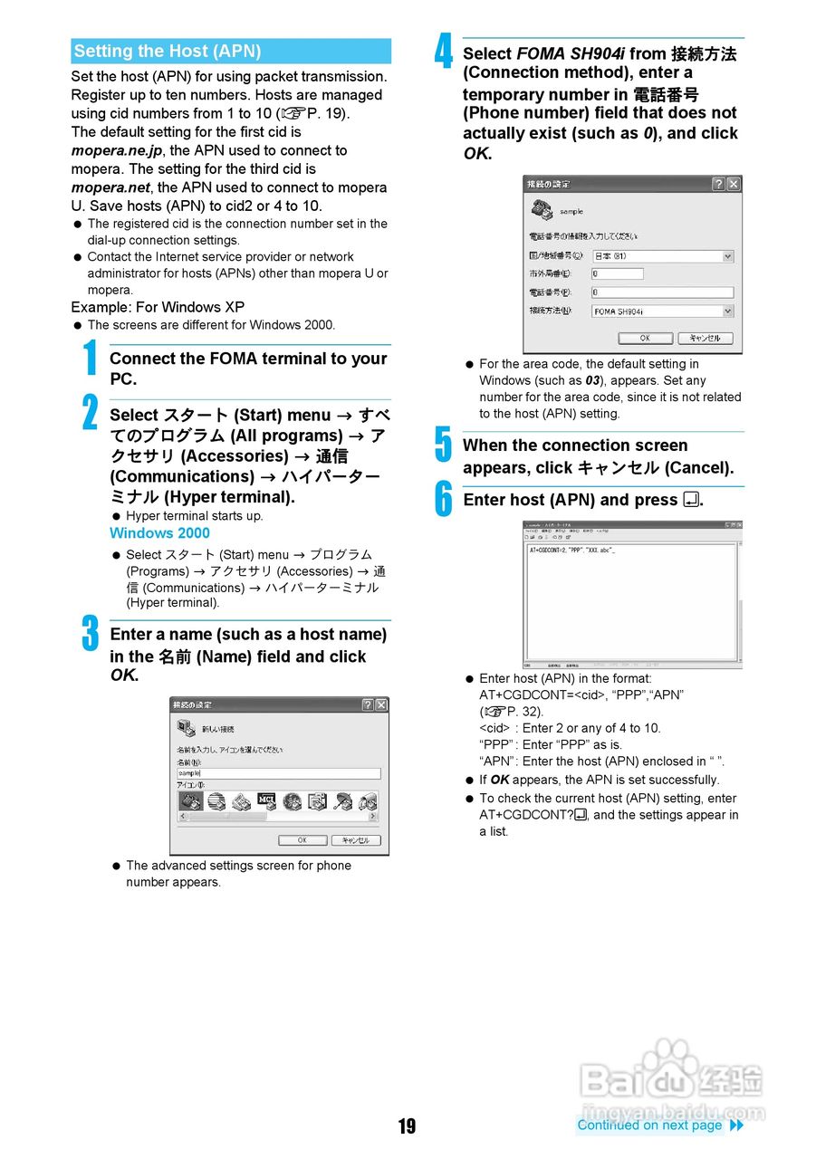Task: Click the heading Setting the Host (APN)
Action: coord(168,52)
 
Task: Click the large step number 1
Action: coord(90,357)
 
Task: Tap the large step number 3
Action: coord(90,633)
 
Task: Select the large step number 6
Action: coord(443,499)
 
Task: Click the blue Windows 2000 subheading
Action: coord(159,533)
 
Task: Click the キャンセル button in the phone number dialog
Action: coord(705,338)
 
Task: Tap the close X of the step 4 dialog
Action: coord(733,184)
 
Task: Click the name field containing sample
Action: coord(278,773)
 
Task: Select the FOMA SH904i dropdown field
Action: coord(662,311)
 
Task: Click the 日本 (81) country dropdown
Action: coord(662,256)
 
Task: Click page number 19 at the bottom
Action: coord(408,1125)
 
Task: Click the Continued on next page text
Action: coord(649,1125)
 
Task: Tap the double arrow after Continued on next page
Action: coord(736,1125)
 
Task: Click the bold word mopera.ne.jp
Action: coord(116,150)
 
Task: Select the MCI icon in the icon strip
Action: coord(266,800)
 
